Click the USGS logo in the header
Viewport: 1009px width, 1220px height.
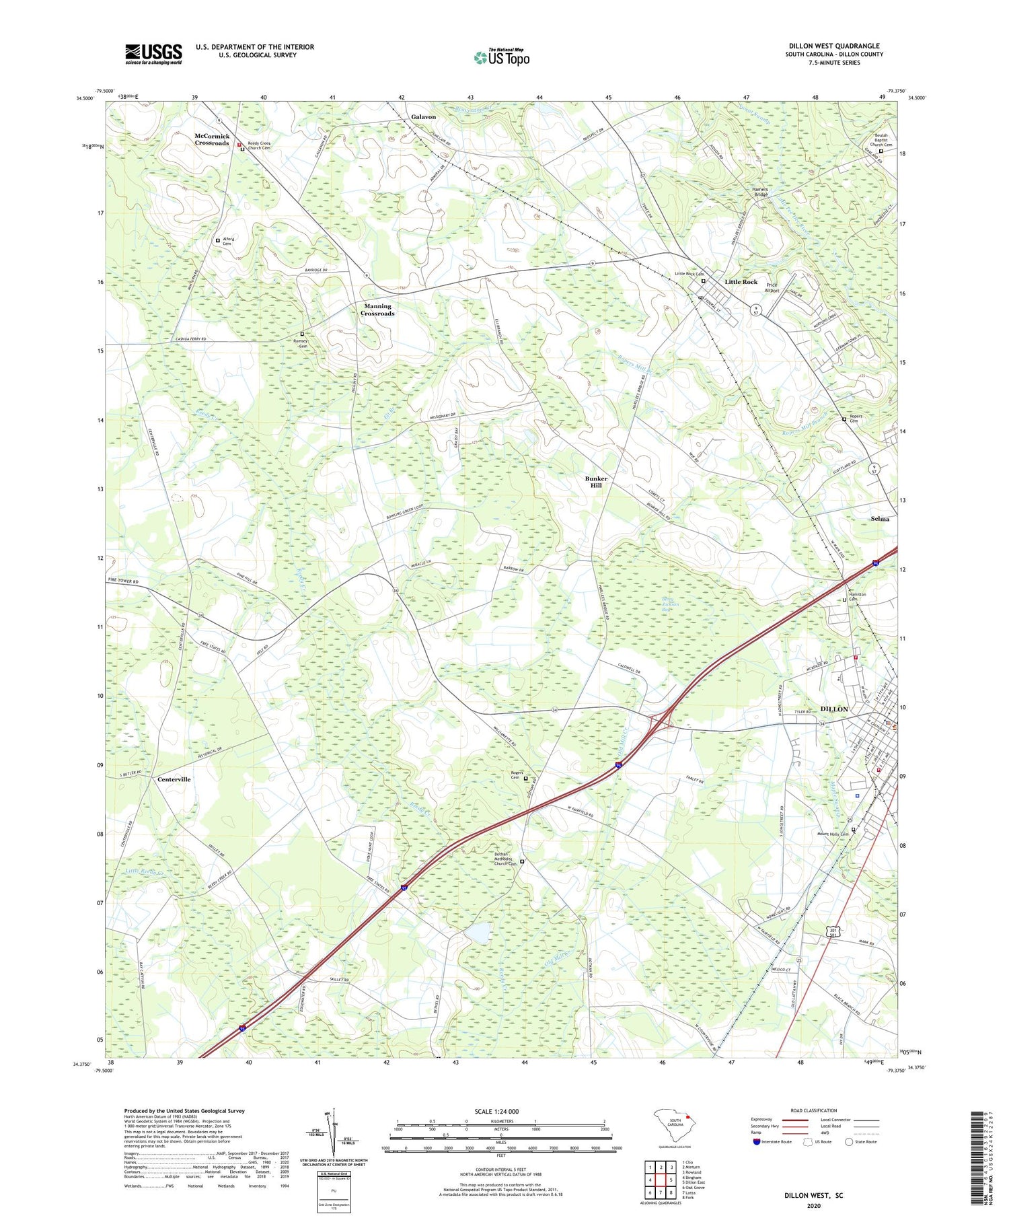click(x=153, y=54)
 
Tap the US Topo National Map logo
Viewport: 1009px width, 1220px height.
click(x=501, y=57)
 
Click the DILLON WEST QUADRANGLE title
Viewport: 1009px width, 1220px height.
click(x=833, y=46)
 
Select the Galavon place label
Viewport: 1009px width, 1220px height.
click(x=423, y=116)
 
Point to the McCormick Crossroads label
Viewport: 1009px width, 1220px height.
click(x=212, y=139)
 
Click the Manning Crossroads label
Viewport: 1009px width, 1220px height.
click(x=377, y=310)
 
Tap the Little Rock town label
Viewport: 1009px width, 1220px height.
click(x=741, y=282)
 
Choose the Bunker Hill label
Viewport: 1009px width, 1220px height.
click(x=596, y=482)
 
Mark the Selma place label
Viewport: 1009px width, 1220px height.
click(x=880, y=519)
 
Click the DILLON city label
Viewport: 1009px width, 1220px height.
click(x=835, y=709)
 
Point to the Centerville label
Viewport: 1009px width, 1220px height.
click(x=174, y=779)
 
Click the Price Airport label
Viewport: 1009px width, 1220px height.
click(x=772, y=287)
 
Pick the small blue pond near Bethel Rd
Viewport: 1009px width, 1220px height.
click(x=478, y=933)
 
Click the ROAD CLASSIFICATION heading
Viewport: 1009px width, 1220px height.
click(x=814, y=1110)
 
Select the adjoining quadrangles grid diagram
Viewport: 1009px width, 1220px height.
click(x=661, y=1178)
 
